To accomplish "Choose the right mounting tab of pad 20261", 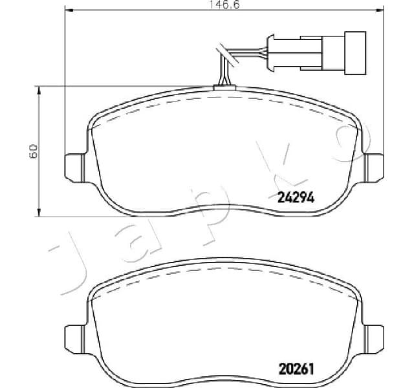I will pyautogui.click(x=373, y=336).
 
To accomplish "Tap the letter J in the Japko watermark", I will pyautogui.click(x=71, y=259).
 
